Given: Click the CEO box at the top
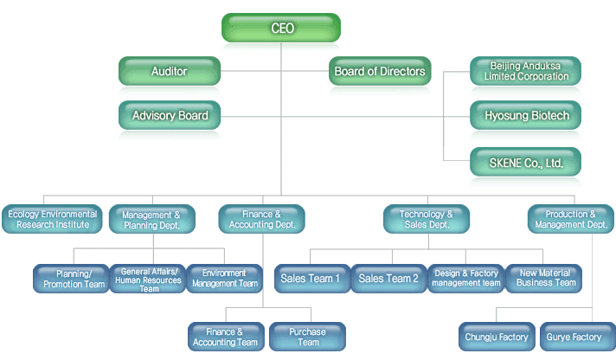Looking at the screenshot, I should click(282, 28).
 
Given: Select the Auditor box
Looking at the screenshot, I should click(169, 71).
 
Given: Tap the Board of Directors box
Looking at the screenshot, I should click(380, 71).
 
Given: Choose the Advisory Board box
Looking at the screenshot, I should click(169, 115).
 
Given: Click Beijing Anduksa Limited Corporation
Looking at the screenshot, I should click(525, 71).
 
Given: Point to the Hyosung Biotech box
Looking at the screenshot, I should click(525, 115).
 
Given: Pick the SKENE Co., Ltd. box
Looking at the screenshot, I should click(525, 162).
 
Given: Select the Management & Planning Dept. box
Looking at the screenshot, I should click(151, 219).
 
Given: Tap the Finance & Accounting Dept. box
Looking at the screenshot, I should click(262, 219).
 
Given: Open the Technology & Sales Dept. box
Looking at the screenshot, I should click(427, 219).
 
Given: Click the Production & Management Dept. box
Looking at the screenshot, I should click(571, 219).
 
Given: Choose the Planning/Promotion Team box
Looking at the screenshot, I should click(73, 279).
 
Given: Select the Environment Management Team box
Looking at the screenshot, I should click(224, 279).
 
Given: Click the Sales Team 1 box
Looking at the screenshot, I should click(311, 279).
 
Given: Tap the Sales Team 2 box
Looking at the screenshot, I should click(388, 279).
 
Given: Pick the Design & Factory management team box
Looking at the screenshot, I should click(466, 279).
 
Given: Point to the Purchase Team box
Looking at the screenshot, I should click(308, 337).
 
